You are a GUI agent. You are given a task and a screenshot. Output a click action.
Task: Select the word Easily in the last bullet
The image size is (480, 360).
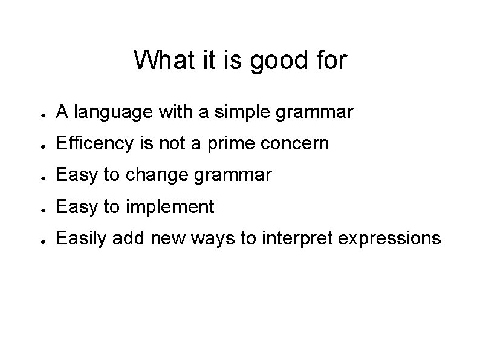click(x=79, y=239)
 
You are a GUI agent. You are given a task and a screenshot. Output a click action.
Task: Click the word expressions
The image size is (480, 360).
click(x=389, y=239)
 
